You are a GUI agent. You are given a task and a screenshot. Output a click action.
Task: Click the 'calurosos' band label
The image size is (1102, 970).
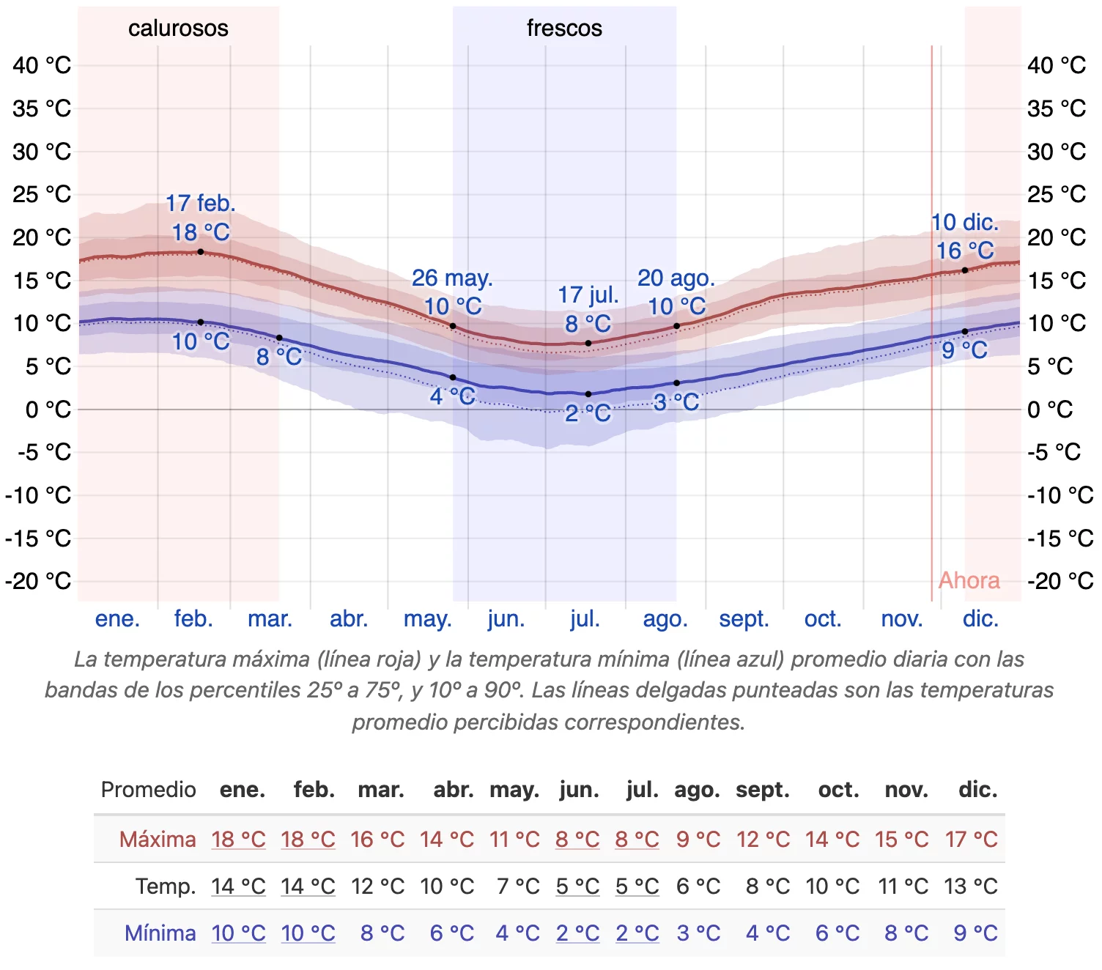(x=178, y=29)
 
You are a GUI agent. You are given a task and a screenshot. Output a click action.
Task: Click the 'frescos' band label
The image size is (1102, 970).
(x=564, y=29)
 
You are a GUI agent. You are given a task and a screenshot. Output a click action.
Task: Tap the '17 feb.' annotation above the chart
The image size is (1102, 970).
(x=200, y=204)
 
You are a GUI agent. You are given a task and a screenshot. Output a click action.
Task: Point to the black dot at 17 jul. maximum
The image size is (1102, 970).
(x=588, y=344)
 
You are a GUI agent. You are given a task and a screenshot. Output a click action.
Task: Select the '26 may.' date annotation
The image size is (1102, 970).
(x=452, y=278)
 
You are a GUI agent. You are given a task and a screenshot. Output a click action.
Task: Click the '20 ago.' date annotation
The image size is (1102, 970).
(x=676, y=278)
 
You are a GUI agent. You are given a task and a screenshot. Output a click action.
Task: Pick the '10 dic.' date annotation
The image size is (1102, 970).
(x=964, y=222)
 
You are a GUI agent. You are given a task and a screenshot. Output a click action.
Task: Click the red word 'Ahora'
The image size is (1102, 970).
(x=969, y=580)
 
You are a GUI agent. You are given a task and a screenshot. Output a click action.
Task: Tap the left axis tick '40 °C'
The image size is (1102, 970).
(x=42, y=66)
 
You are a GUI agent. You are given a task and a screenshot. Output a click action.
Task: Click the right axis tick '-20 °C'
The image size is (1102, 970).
(x=1060, y=581)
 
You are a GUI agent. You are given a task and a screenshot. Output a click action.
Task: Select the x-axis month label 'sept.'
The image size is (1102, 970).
(x=744, y=619)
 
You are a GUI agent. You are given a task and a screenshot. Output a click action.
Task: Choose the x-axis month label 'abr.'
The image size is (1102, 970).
(x=349, y=618)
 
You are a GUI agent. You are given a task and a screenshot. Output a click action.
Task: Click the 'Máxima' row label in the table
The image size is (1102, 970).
(x=158, y=840)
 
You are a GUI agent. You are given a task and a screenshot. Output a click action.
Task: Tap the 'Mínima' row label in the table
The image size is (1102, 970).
(x=160, y=933)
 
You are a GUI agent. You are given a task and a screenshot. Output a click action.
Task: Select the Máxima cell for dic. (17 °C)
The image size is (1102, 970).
(x=971, y=840)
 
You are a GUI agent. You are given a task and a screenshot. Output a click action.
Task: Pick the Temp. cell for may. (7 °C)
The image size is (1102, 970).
(x=518, y=886)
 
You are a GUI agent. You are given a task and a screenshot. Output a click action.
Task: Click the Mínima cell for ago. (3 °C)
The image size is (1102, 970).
(x=698, y=933)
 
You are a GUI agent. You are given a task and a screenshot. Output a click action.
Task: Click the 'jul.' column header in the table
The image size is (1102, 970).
(x=643, y=790)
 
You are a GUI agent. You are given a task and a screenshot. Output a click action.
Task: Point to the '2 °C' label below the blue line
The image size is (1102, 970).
(x=588, y=413)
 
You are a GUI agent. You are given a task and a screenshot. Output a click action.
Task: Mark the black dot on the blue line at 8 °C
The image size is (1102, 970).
(x=279, y=338)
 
